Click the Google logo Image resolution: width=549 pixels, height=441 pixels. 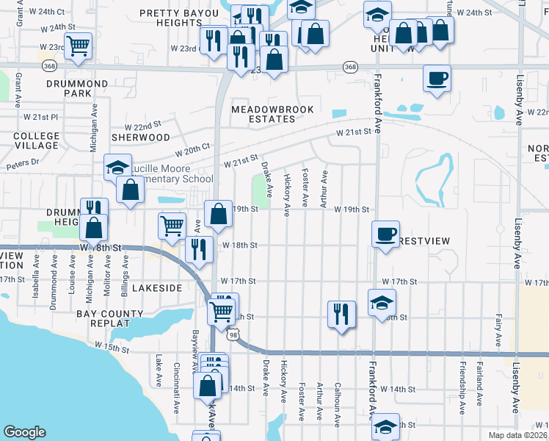pyautogui.click(x=24, y=432)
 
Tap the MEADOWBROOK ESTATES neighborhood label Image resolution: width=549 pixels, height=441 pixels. pyautogui.click(x=272, y=114)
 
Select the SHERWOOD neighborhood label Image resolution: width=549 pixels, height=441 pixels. pyautogui.click(x=140, y=137)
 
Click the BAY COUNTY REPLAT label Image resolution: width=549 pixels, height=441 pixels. pyautogui.click(x=110, y=319)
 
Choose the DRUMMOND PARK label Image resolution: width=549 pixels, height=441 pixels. pyautogui.click(x=77, y=88)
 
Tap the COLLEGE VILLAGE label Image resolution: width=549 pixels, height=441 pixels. pyautogui.click(x=36, y=140)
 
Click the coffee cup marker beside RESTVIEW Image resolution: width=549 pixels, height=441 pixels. pyautogui.click(x=385, y=234)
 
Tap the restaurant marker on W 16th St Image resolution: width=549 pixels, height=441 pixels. pyautogui.click(x=341, y=313)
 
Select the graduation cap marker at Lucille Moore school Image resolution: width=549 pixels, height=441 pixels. pyautogui.click(x=117, y=168)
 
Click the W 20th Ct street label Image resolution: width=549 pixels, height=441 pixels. pyautogui.click(x=192, y=150)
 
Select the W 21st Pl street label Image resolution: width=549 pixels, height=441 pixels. pyautogui.click(x=40, y=117)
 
